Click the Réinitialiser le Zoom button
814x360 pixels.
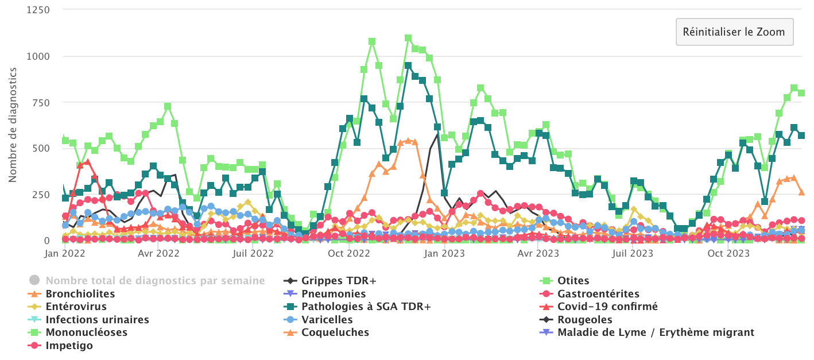[x=734, y=32]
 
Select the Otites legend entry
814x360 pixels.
[x=573, y=281]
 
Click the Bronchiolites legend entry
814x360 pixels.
[x=80, y=294]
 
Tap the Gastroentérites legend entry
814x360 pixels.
[x=598, y=294]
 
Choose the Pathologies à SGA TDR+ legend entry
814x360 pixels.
[x=366, y=307]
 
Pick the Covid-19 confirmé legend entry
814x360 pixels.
[x=607, y=307]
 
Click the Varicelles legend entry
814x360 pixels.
[x=327, y=320]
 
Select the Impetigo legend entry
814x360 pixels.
[x=69, y=346]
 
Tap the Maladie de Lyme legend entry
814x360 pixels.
[x=656, y=332]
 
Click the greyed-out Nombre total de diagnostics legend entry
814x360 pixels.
[x=155, y=281]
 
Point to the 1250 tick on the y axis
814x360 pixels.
[x=38, y=10]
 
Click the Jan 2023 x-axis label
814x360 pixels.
[x=446, y=253]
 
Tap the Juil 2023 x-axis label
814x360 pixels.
[x=633, y=253]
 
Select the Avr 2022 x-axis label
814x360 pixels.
[x=159, y=253]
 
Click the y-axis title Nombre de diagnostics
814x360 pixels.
[x=13, y=125]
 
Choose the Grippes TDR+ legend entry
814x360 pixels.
[x=339, y=281]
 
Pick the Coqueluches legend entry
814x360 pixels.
[x=335, y=332]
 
